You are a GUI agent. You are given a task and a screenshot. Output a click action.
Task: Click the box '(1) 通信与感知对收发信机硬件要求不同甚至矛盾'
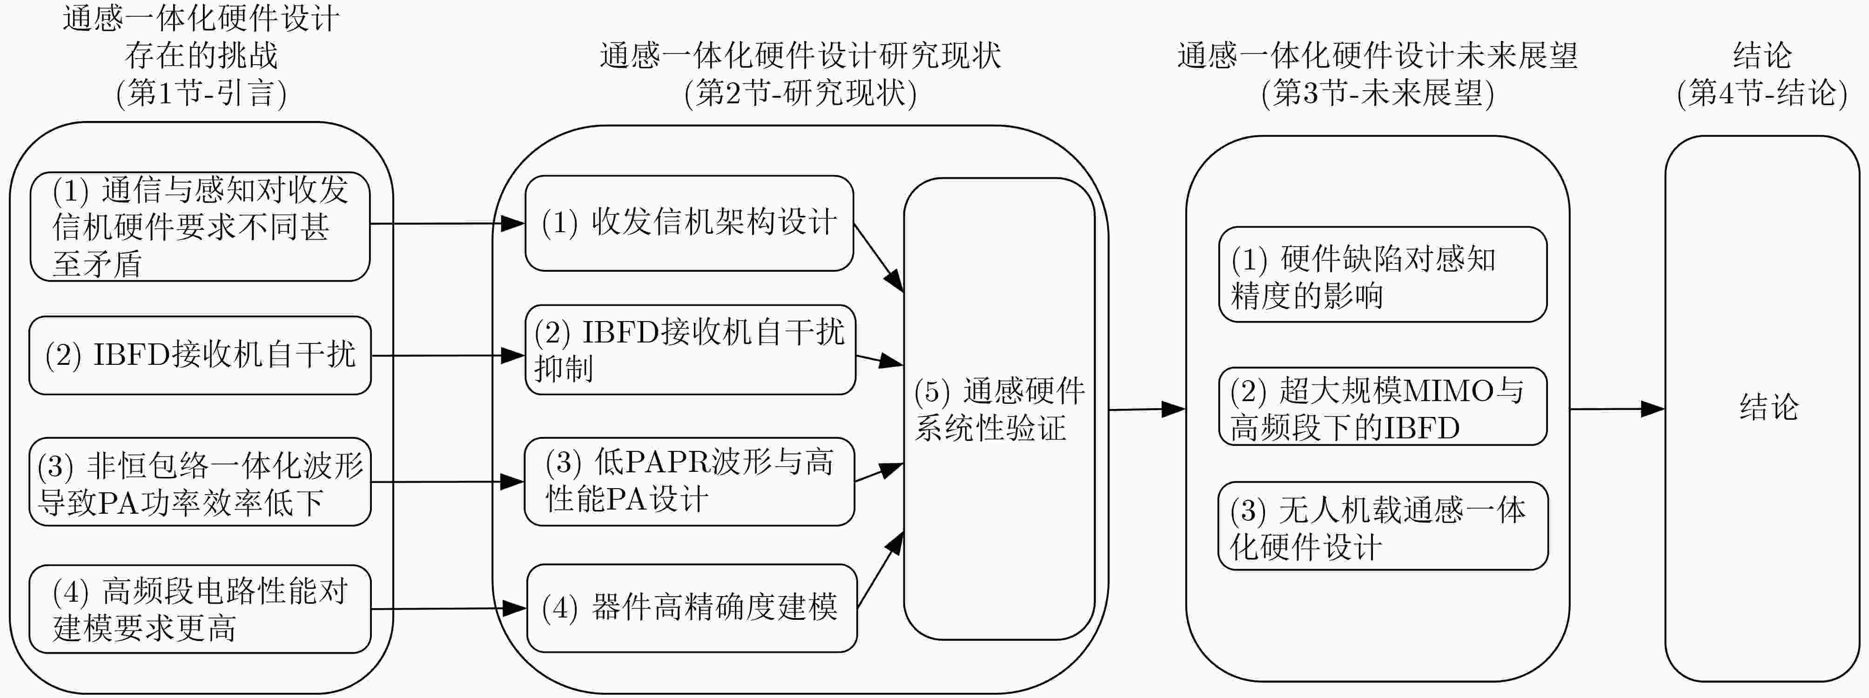[200, 226]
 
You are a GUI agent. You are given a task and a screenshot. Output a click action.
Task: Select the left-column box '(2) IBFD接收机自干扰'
[200, 356]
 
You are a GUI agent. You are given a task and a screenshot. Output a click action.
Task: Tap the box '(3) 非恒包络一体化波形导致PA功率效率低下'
[200, 482]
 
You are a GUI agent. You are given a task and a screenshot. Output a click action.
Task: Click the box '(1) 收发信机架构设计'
[689, 223]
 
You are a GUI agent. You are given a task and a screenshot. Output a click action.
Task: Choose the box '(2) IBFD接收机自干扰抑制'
[690, 350]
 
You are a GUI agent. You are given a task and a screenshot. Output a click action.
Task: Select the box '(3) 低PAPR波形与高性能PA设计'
[689, 482]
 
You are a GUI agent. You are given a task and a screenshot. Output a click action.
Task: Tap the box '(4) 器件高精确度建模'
[692, 608]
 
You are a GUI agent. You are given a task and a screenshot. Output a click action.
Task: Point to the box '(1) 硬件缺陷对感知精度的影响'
[1383, 274]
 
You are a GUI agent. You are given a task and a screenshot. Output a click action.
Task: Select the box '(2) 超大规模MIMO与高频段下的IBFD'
[1383, 406]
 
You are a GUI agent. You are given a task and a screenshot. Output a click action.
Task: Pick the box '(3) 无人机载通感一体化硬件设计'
[1383, 526]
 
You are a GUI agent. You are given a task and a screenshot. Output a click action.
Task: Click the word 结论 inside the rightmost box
[1769, 407]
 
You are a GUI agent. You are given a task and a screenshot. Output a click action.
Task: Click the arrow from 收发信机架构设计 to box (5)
[879, 258]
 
